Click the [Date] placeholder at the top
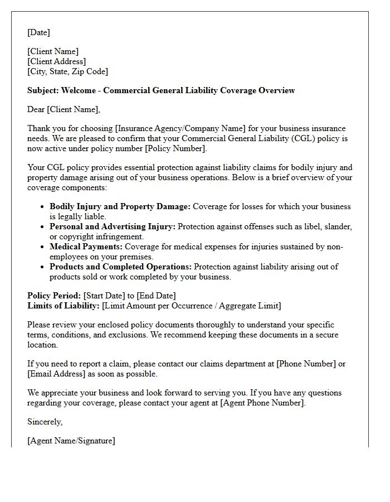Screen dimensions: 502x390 click(38, 32)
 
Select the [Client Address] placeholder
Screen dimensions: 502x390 click(56, 61)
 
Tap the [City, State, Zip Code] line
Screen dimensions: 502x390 click(67, 71)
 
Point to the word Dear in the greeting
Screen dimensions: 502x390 click(36, 109)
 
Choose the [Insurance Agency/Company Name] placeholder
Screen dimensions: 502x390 click(175, 128)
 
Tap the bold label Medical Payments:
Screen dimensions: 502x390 click(86, 247)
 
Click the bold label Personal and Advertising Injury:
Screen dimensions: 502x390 click(113, 226)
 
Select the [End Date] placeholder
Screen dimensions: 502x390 click(158, 296)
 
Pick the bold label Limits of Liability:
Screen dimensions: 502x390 click(64, 306)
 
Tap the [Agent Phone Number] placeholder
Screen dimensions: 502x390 click(262, 403)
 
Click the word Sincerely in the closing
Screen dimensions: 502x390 click(45, 422)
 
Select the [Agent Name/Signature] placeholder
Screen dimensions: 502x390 click(71, 441)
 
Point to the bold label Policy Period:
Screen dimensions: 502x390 click(54, 296)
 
